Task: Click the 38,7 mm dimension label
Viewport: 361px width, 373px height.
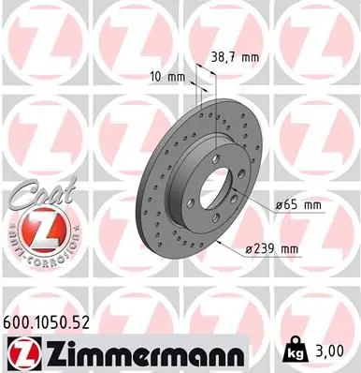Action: (235, 57)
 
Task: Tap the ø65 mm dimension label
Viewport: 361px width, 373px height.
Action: (298, 205)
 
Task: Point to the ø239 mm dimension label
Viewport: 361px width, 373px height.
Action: (271, 249)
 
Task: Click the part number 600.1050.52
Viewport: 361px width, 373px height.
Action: (46, 322)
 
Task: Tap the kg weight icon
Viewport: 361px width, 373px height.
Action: (292, 351)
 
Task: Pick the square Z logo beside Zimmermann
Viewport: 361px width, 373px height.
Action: (24, 354)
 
